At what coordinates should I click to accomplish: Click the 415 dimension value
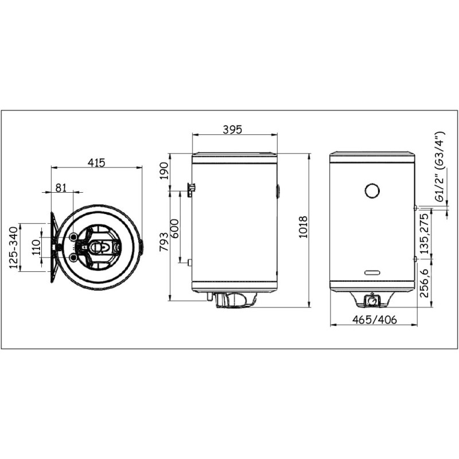(x=96, y=162)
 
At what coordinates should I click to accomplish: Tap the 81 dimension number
(x=62, y=187)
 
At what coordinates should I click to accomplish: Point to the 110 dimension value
(x=36, y=247)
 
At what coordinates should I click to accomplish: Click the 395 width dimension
(x=232, y=130)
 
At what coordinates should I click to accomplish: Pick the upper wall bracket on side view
(x=192, y=188)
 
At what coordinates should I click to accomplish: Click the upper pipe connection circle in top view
(x=74, y=237)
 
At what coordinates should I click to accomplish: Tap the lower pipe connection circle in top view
(x=74, y=258)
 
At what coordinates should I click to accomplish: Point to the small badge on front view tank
(x=372, y=272)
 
